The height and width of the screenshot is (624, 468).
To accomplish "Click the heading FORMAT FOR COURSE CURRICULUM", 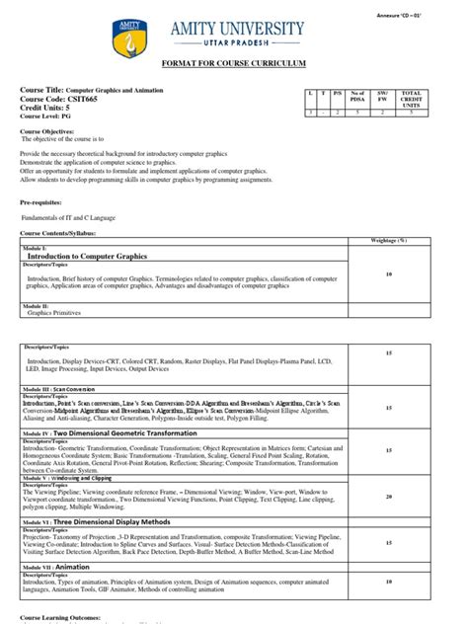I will pyautogui.click(x=233, y=63).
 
